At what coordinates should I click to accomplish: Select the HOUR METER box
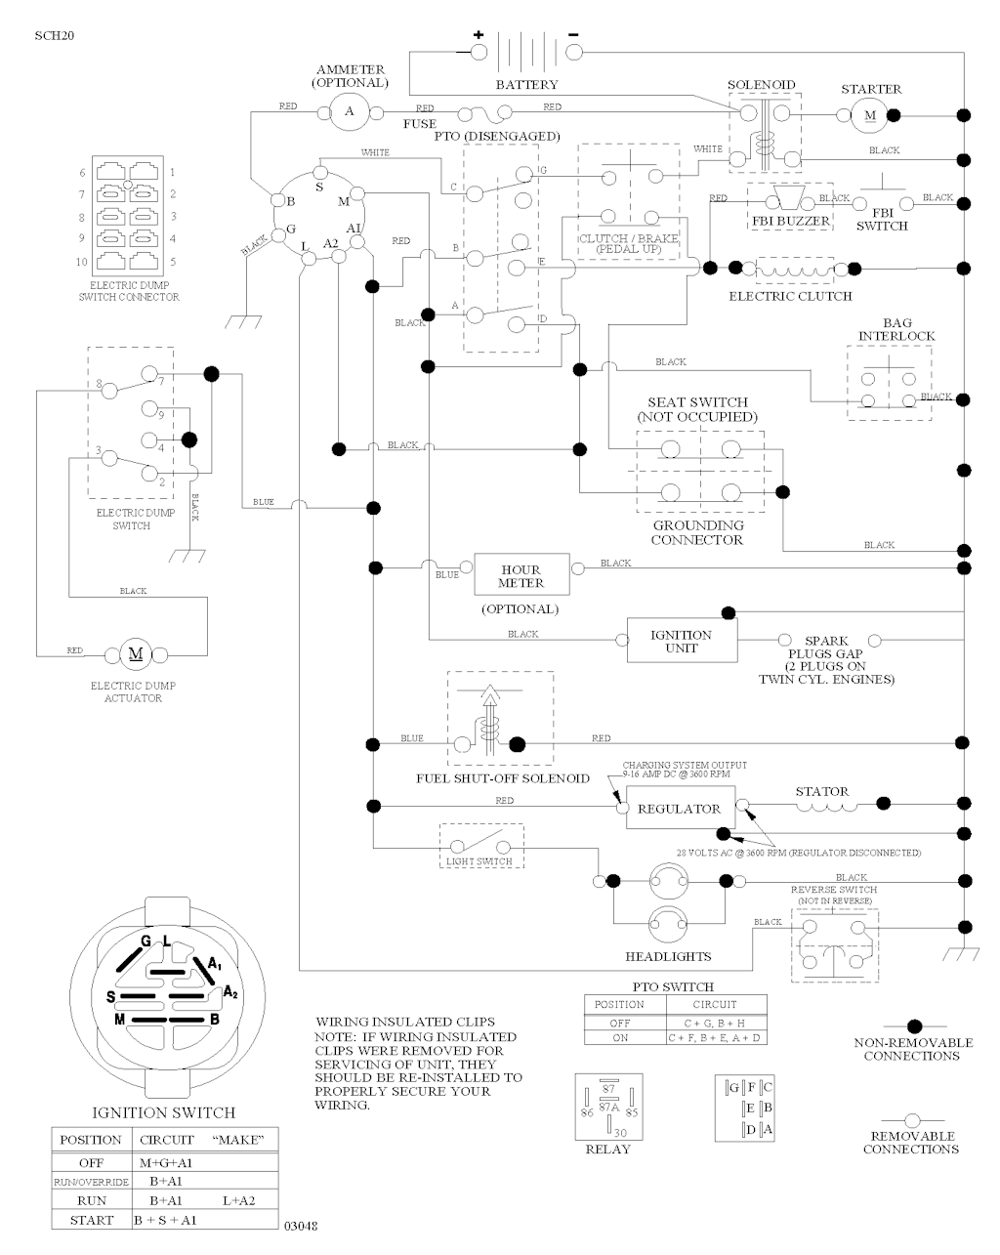coord(521,576)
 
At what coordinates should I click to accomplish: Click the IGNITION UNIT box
coord(681,641)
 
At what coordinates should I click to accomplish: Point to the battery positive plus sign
coord(479,34)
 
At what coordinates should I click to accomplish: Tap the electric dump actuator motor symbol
coord(136,652)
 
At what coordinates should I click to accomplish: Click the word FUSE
coord(420,125)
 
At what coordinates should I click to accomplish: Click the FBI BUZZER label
coord(791,222)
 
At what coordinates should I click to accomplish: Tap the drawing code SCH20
coord(54,36)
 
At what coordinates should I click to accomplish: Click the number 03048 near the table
coord(301,1225)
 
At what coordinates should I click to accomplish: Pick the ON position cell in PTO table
coord(620,1038)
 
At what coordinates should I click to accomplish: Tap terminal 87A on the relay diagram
coord(607,1108)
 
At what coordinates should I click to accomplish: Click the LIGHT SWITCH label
coord(479,862)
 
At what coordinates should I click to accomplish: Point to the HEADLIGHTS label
coord(668,956)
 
